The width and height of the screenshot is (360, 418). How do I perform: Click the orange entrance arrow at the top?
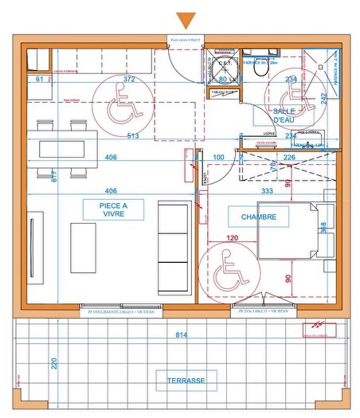coord(187,21)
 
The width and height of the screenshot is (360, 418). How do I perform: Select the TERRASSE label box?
coord(186,381)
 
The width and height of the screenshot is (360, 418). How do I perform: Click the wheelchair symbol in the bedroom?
coord(228,268)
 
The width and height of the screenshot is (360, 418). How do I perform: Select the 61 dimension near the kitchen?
coord(39,80)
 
